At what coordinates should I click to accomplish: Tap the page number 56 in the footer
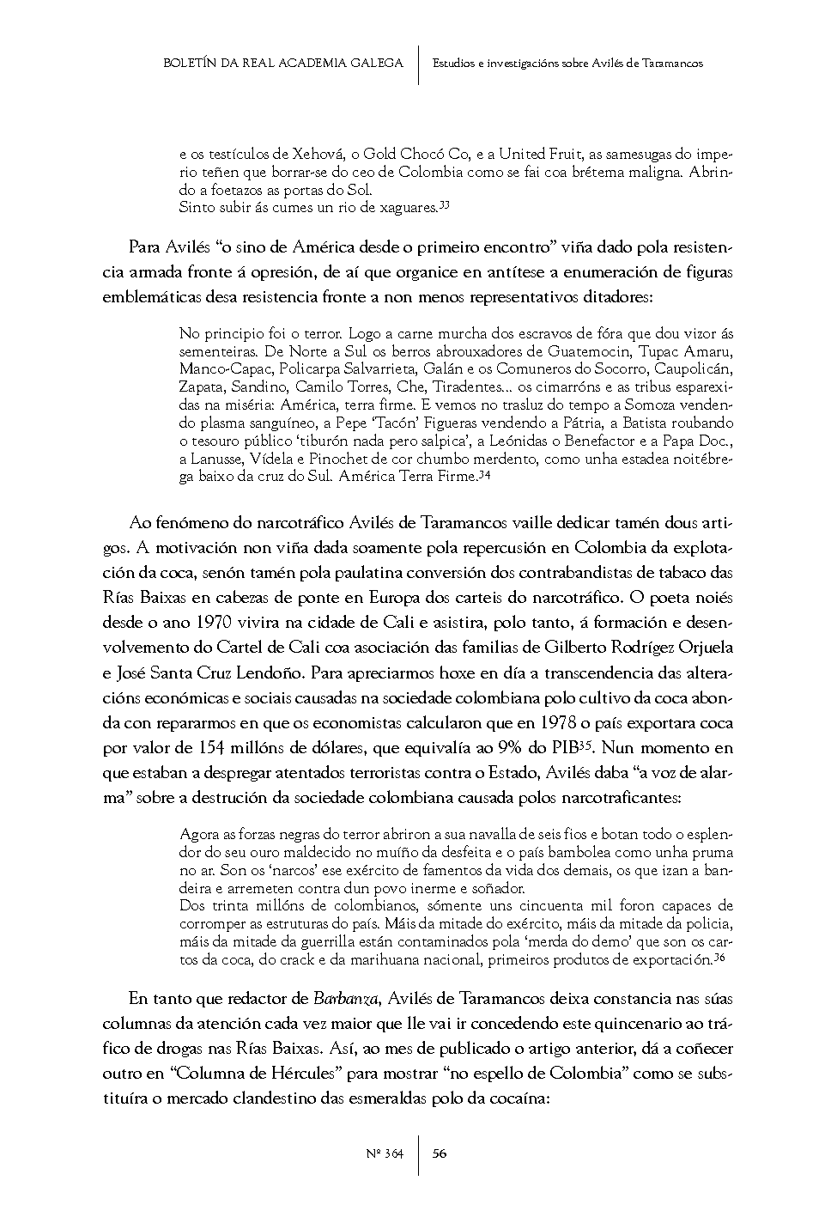click(439, 1153)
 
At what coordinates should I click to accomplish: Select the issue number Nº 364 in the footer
click(385, 1153)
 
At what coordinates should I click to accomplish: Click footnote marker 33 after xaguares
click(446, 204)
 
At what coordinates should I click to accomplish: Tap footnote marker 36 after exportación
click(720, 958)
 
